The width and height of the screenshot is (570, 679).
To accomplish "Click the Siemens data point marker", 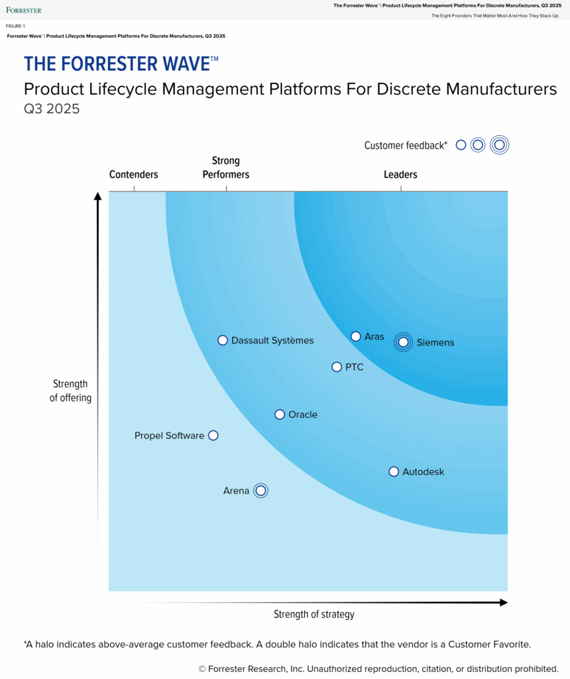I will [403, 342].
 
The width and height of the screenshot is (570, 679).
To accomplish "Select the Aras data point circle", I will [356, 336].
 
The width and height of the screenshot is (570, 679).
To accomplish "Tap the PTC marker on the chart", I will [337, 367].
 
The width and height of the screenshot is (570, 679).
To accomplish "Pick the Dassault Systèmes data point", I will [223, 340].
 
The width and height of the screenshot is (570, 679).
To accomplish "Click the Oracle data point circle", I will [280, 414].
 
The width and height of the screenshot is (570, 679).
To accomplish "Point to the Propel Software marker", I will [213, 436].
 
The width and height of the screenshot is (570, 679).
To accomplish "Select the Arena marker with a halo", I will [260, 491].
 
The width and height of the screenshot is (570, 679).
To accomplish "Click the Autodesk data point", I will [394, 471].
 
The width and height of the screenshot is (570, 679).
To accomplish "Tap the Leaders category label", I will [400, 174].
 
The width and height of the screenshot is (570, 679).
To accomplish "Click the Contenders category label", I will [134, 174].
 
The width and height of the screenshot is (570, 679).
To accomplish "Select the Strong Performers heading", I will [226, 168].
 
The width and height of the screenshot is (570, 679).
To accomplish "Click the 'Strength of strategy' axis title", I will [314, 614].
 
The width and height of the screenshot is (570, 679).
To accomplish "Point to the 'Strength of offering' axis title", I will [70, 391].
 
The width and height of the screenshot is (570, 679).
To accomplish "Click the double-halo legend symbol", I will [500, 145].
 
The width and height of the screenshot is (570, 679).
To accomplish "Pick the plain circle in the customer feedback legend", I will [461, 145].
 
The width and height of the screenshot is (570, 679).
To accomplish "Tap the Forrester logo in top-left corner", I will [24, 10].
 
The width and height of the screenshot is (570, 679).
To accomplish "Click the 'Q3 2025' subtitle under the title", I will [52, 109].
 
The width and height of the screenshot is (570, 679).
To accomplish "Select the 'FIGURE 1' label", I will [16, 26].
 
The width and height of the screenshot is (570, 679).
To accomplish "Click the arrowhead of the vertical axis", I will [98, 196].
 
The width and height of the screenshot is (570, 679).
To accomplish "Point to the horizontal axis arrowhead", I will [503, 602].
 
